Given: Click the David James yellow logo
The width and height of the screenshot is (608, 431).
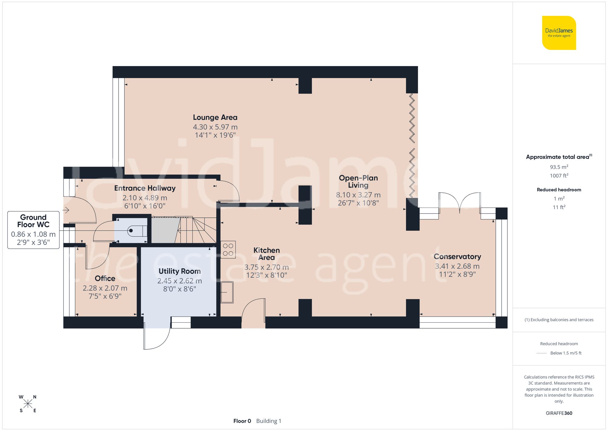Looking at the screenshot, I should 559,33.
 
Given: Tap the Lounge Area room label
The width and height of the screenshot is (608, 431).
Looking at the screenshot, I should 215,118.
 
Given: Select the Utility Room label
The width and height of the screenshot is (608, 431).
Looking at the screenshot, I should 179,271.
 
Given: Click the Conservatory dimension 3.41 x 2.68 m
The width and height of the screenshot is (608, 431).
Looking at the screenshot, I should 457,266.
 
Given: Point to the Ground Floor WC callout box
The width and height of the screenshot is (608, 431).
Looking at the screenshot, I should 33,230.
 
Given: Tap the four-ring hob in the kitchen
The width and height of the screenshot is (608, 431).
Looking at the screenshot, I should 228,249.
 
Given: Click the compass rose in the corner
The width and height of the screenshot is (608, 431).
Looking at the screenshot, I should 28,404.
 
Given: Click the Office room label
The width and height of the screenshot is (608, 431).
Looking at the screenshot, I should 105,278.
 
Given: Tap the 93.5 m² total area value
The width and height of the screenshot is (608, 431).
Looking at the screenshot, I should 559,167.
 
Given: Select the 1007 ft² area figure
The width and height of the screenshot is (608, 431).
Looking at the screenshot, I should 559,176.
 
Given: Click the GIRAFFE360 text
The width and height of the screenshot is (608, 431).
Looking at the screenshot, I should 559,413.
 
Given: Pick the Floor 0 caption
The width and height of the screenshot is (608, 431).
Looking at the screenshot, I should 242,421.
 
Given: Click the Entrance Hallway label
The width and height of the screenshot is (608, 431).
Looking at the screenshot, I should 145,188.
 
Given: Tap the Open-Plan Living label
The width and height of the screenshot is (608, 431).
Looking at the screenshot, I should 358,182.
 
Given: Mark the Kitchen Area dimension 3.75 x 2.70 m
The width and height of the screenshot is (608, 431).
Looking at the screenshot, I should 266,267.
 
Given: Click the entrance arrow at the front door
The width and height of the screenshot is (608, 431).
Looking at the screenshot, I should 66,210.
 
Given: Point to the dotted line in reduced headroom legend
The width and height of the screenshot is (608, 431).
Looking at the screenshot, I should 542,353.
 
